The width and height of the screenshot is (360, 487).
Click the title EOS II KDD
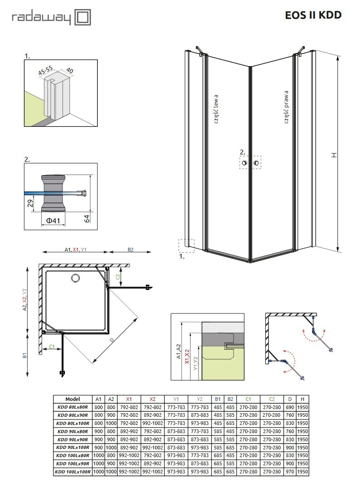pyautogui.click(x=313, y=15)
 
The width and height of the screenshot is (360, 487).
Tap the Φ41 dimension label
pyautogui.click(x=53, y=221)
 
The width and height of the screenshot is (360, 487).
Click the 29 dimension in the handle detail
pyautogui.click(x=31, y=203)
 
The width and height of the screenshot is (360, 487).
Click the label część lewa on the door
pyautogui.click(x=216, y=109)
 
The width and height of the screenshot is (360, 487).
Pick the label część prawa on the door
pyautogui.click(x=287, y=106)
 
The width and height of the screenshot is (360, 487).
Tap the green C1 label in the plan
pyautogui.click(x=52, y=347)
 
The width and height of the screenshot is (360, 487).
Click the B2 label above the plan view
pyautogui.click(x=130, y=250)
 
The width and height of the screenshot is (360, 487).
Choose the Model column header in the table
pyautogui.click(x=72, y=399)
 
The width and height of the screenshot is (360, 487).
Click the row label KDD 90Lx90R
pyautogui.click(x=72, y=439)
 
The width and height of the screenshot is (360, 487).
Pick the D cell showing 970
pyautogui.click(x=290, y=472)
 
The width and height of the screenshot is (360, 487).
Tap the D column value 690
pyautogui.click(x=290, y=407)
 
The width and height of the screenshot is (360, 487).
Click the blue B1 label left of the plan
pyautogui.click(x=25, y=356)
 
